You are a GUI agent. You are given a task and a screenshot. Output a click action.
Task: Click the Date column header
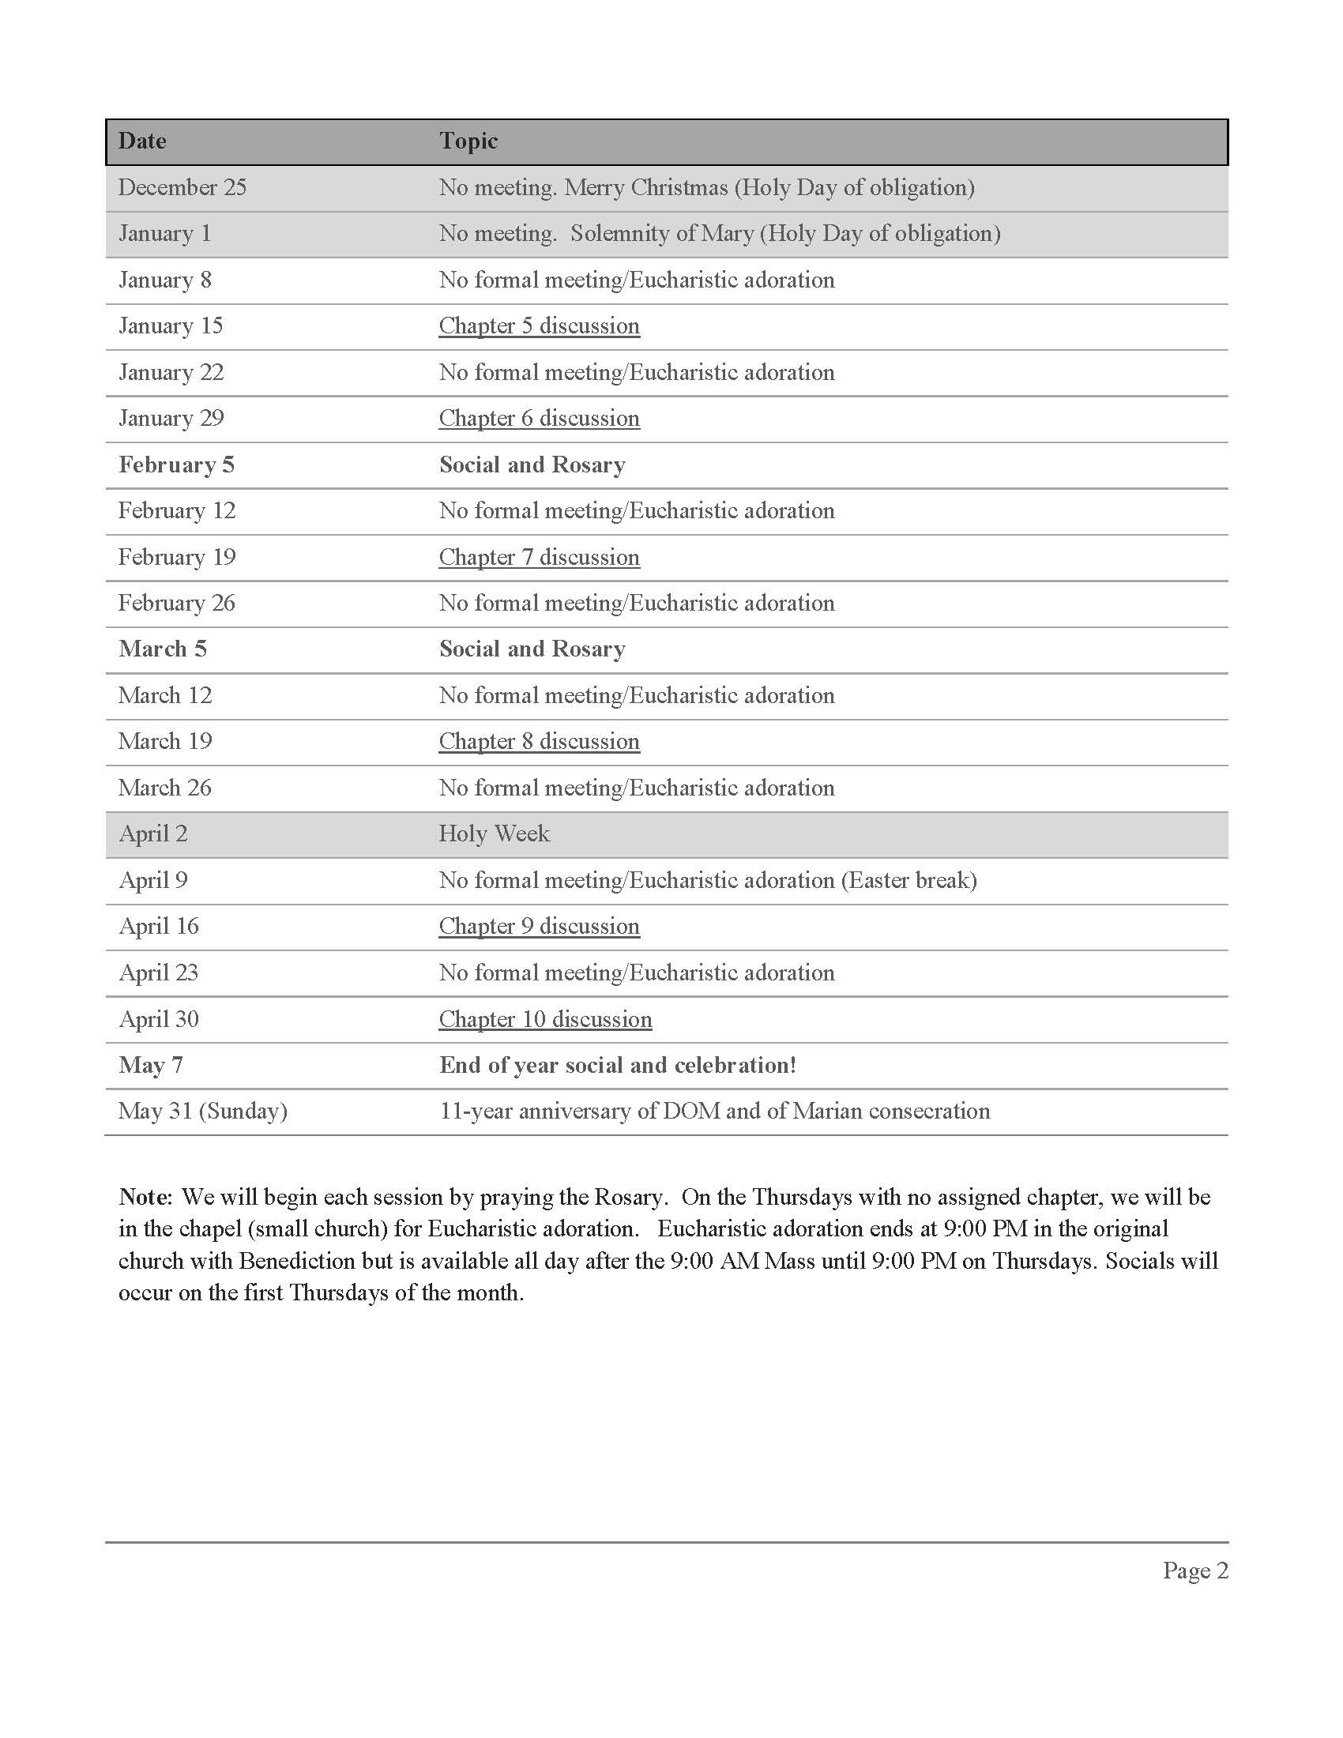pos(142,141)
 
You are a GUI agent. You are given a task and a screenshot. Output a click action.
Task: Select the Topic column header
pos(468,141)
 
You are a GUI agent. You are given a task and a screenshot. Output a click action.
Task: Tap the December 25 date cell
pos(182,188)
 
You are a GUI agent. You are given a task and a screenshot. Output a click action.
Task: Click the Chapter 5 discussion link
pos(539,326)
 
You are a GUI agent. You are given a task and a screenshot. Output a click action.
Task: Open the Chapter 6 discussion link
pos(539,419)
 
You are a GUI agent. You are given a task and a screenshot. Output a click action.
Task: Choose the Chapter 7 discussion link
pos(539,557)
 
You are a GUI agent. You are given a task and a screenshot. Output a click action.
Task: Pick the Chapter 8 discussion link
pos(539,742)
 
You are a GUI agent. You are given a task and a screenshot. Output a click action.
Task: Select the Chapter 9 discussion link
pos(539,927)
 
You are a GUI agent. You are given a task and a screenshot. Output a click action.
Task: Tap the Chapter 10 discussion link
pos(545,1019)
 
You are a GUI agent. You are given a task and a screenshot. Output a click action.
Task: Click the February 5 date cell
pos(176,465)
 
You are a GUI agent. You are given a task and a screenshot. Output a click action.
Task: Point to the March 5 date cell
pos(162,649)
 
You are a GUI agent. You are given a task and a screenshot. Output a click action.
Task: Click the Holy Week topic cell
pos(494,834)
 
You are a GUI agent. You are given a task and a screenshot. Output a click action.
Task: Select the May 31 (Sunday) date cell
pos(202,1111)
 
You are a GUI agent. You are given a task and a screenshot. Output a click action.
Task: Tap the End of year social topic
pos(618,1066)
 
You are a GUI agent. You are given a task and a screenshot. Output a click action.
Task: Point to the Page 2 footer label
pos(1195,1570)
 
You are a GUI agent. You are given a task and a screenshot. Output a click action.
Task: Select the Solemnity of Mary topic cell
pos(719,234)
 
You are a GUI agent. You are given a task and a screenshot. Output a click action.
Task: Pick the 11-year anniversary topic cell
pos(714,1111)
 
